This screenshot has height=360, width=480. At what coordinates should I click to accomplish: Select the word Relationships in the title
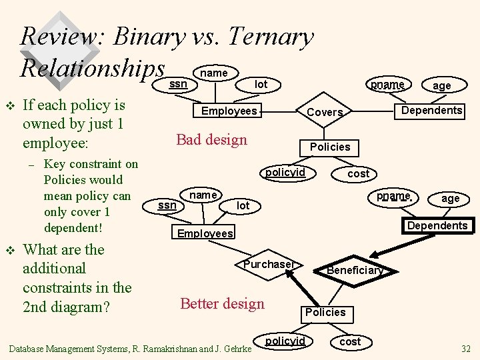pyautogui.click(x=92, y=67)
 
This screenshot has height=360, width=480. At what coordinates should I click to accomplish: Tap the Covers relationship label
pyautogui.click(x=325, y=113)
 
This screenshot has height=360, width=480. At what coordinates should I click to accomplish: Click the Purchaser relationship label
pyautogui.click(x=269, y=265)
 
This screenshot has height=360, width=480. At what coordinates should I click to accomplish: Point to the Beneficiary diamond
pyautogui.click(x=355, y=270)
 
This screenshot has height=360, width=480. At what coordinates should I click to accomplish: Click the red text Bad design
pyautogui.click(x=211, y=139)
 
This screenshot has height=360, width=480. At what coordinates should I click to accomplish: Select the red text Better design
pyautogui.click(x=222, y=303)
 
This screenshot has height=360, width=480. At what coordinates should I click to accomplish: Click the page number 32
pyautogui.click(x=465, y=348)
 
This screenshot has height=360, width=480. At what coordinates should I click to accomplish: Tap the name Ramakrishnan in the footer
pyautogui.click(x=186, y=348)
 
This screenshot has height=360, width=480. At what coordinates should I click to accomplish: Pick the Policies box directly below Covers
pyautogui.click(x=330, y=147)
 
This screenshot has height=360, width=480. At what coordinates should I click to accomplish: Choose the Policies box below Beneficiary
pyautogui.click(x=325, y=312)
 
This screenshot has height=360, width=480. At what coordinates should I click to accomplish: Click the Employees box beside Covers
pyautogui.click(x=229, y=111)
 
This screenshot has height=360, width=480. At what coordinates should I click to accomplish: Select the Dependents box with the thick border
pyautogui.click(x=437, y=225)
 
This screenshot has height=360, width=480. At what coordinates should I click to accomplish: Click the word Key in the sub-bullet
pyautogui.click(x=55, y=164)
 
